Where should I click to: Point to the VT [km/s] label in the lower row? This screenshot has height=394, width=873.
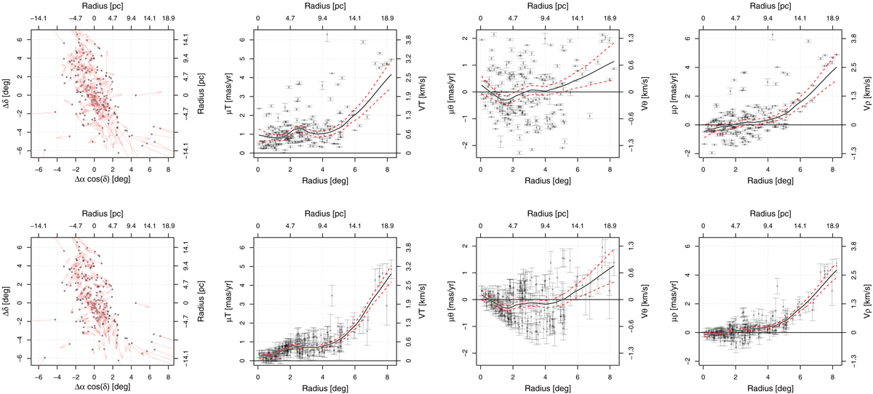[x=412, y=300]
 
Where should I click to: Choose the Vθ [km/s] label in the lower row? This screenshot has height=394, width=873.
[x=635, y=300]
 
